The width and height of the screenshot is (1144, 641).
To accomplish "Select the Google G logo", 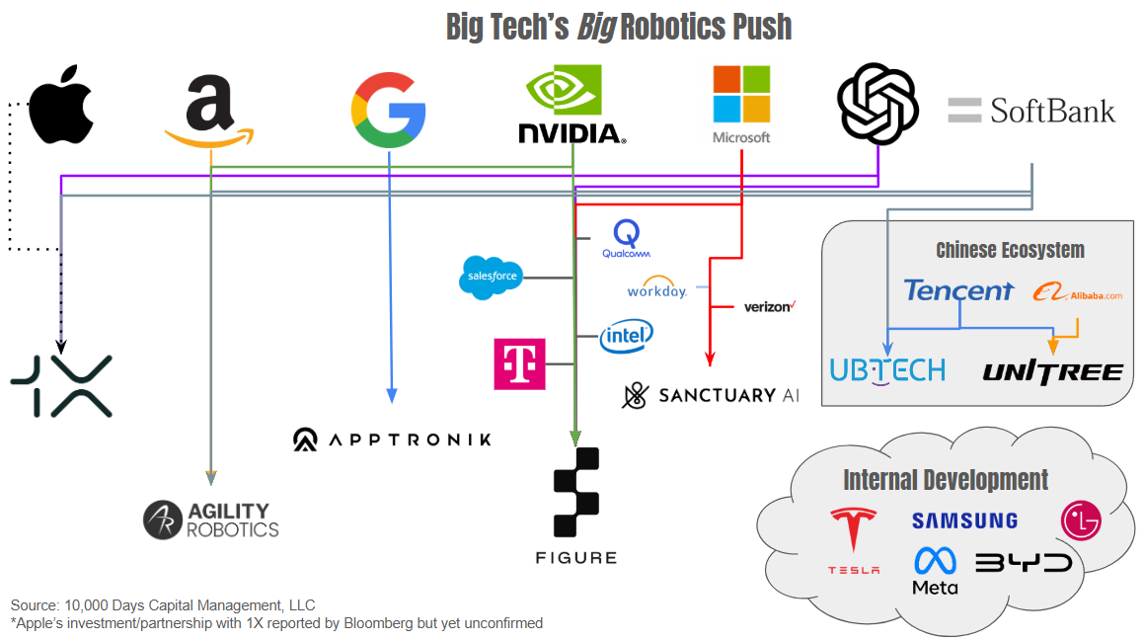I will [x=388, y=110].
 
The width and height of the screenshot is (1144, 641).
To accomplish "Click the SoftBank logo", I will [x=1031, y=111].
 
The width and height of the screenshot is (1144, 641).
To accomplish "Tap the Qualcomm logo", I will [x=627, y=240].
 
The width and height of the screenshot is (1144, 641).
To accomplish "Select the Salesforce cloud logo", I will [x=491, y=277].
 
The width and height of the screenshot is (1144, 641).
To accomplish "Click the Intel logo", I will [x=627, y=337].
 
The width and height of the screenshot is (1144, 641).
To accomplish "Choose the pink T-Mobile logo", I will [x=519, y=363].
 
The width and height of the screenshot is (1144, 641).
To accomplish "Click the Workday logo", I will [x=656, y=290].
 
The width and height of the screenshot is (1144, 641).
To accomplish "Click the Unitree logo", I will [x=1052, y=372].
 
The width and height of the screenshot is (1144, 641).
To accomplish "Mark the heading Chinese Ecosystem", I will [x=1010, y=250].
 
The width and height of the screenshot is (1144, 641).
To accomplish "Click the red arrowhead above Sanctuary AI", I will [x=709, y=359].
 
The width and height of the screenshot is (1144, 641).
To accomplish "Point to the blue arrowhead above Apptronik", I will [x=392, y=395].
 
